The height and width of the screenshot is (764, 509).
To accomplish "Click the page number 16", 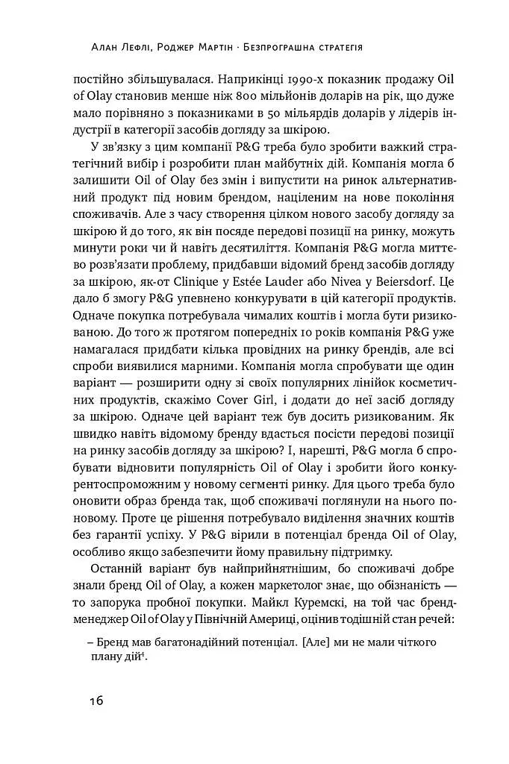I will [92, 701].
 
